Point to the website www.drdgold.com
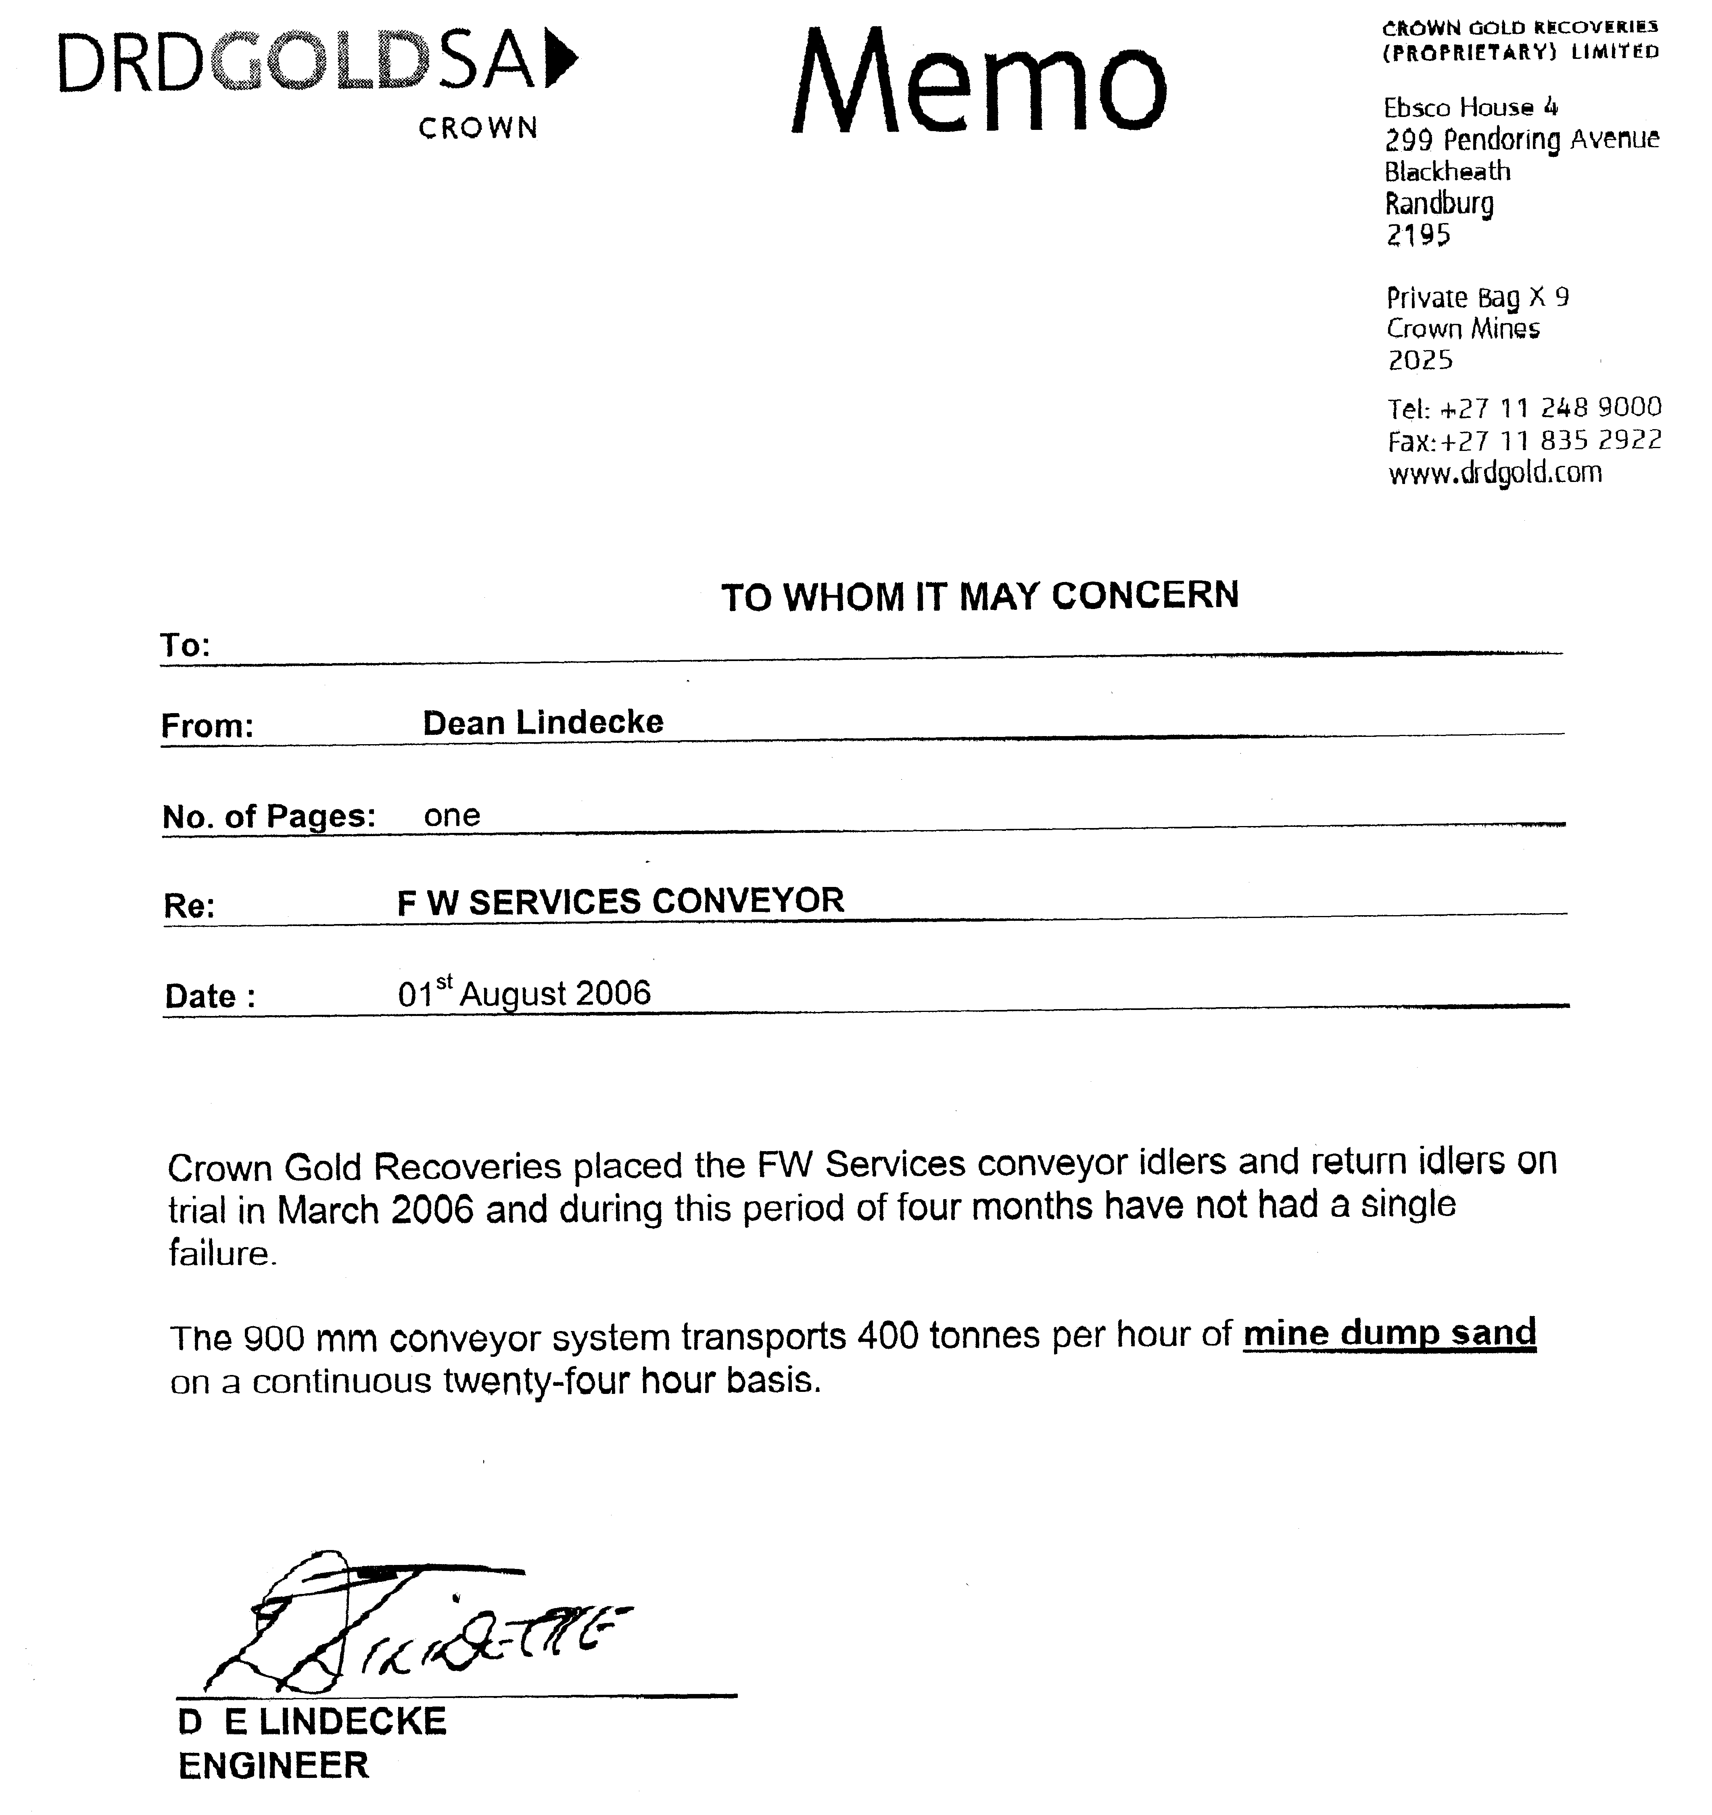coord(1495,473)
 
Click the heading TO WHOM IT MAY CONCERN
coord(980,596)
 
